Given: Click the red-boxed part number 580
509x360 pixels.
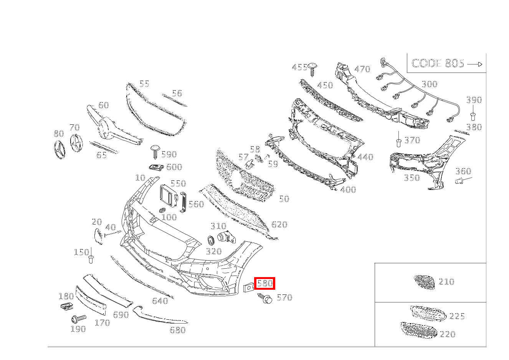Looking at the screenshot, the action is [x=265, y=283].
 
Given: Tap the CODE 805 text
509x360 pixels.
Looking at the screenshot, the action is [x=438, y=63].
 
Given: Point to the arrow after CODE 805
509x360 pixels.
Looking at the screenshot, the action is [x=475, y=64].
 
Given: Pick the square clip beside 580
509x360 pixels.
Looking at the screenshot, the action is [x=249, y=287].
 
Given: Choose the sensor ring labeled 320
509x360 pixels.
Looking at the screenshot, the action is [x=211, y=240].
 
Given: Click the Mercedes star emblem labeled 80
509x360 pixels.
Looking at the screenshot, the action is [x=59, y=149].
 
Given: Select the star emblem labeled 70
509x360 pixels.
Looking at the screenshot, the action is [x=76, y=143].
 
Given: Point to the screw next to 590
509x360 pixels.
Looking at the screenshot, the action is [x=155, y=152].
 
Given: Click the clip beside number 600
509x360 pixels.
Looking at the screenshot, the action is [x=156, y=168].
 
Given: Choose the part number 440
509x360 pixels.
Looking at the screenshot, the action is [x=365, y=157].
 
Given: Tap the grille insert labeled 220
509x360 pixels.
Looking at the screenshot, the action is [x=418, y=330].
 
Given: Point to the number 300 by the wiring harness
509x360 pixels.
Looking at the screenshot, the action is [x=430, y=84].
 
